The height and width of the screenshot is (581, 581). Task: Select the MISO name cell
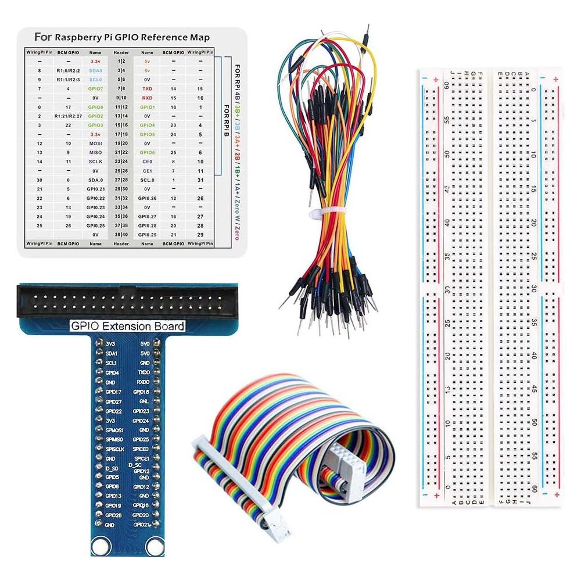coord(96,152)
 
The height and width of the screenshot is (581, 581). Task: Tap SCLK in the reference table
coord(96,161)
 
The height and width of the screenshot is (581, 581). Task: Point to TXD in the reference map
coord(148,88)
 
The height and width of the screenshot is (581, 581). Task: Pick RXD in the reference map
coord(148,98)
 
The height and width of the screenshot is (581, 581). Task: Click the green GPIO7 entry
coord(96,88)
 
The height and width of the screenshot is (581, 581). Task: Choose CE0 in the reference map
coord(148,161)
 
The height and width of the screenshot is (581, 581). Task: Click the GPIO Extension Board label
coord(127,327)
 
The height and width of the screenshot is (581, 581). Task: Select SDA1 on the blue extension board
coord(112,353)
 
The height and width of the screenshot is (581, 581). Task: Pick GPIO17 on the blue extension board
coord(113,392)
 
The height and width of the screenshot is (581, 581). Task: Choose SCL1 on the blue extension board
coord(112,363)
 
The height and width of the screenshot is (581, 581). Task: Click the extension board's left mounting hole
coord(101,545)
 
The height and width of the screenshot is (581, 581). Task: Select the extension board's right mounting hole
coord(154,545)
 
